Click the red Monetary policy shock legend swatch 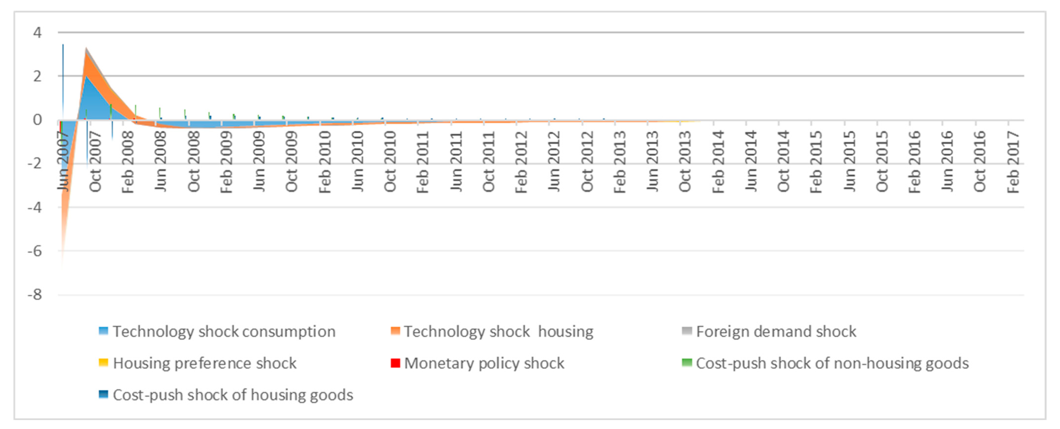(x=395, y=363)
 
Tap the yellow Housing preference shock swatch (x=103, y=363)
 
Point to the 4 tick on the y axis (x=37, y=32)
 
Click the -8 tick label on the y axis (x=35, y=295)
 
